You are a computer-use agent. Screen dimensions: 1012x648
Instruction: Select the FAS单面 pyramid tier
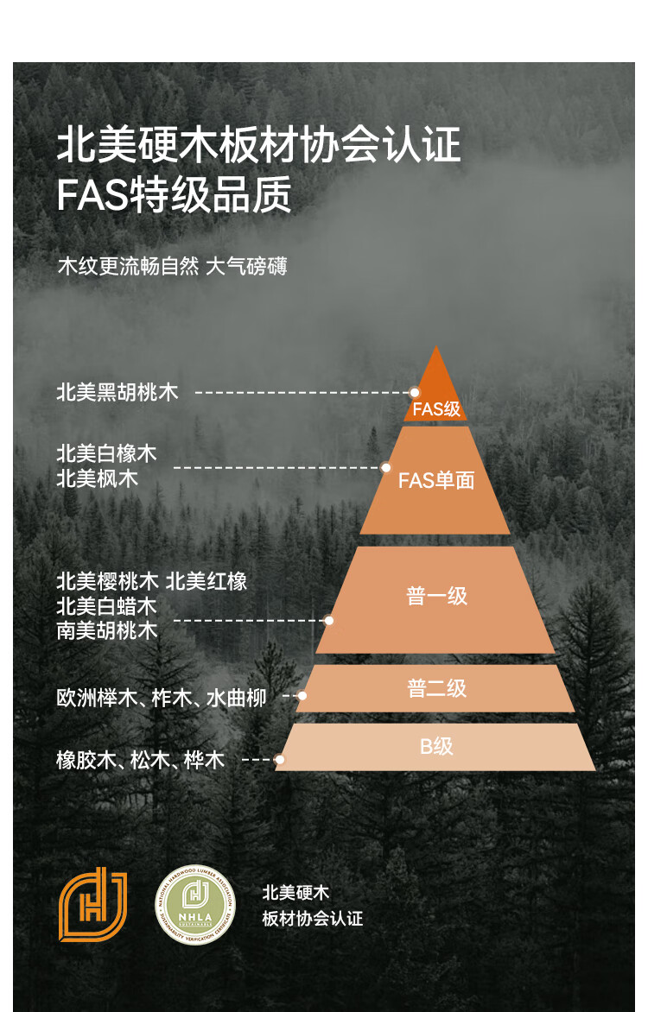436,480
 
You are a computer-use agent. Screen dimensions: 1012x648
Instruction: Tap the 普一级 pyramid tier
436,598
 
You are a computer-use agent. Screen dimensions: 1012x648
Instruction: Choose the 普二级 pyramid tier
436,688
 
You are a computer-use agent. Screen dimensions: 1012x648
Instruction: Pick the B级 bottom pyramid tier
436,746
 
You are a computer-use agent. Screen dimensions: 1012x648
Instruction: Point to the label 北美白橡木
107,453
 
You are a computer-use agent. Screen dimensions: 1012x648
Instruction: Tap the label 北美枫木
97,478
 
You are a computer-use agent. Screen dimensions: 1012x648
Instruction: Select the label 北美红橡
206,581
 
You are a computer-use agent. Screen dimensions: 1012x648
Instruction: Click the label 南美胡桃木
107,630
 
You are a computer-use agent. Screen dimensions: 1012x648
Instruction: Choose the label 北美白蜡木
107,606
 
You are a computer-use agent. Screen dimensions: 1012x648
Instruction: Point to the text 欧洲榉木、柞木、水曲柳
162,698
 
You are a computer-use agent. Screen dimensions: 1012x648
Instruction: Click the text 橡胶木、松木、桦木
141,760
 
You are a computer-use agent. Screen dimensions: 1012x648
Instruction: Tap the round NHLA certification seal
194,905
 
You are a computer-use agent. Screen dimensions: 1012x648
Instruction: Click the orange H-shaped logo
92,904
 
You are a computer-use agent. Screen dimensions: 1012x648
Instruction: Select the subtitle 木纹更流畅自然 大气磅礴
172,266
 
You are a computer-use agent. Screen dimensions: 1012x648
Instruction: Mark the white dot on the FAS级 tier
415,392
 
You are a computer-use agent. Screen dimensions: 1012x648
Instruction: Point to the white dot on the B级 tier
280,760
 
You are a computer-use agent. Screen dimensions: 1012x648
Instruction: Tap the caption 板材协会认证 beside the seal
313,918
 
